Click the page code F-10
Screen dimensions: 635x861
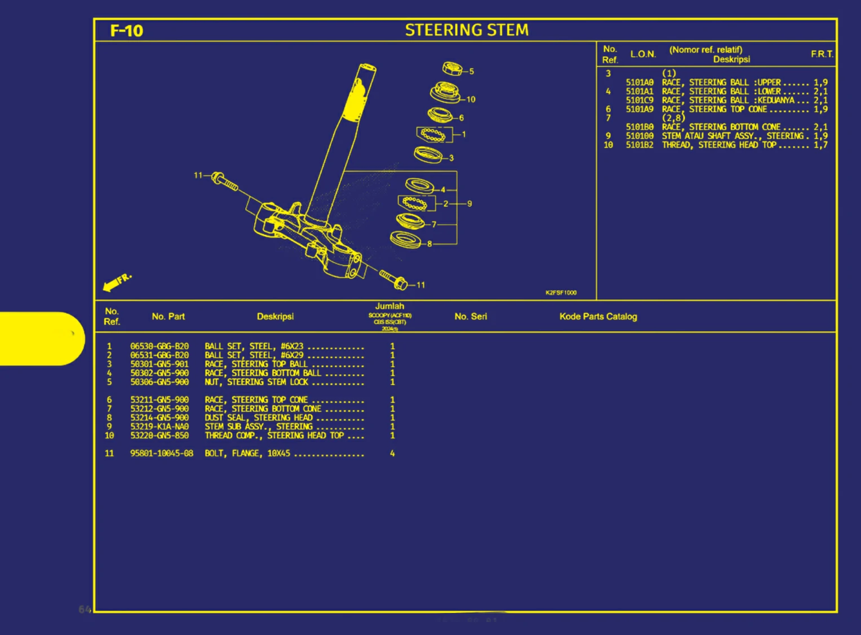[127, 30]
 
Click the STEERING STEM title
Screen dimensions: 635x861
[467, 30]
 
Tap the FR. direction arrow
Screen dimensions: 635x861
[117, 281]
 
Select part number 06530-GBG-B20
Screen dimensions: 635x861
[159, 347]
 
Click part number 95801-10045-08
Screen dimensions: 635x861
[162, 454]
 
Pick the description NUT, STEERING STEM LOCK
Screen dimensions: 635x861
[256, 382]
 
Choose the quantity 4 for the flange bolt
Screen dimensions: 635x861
[392, 454]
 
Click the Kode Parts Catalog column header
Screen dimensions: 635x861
[598, 317]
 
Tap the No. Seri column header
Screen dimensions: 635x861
[471, 317]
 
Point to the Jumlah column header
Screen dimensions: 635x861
[389, 307]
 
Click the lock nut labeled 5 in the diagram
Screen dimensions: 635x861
[451, 69]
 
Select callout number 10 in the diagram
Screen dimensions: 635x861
[471, 100]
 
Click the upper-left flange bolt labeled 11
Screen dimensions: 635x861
[224, 181]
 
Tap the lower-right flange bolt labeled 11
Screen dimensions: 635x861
[393, 279]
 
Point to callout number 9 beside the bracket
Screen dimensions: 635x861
[469, 204]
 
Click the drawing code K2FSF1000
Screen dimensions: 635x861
[561, 293]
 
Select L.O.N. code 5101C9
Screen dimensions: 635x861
[640, 100]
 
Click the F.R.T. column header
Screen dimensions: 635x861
[822, 54]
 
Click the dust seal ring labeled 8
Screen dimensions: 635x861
[405, 239]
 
